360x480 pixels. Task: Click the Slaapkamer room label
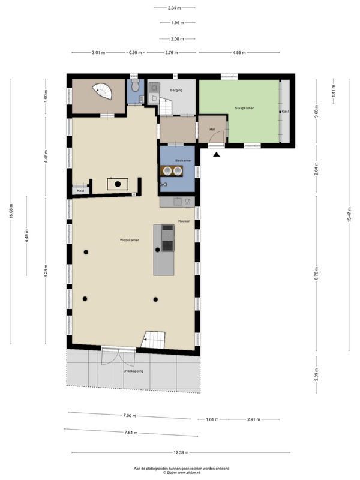pyautogui.click(x=244, y=108)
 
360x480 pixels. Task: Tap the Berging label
pyautogui.click(x=176, y=90)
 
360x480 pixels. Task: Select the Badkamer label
pyautogui.click(x=184, y=160)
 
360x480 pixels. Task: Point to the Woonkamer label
pyautogui.click(x=129, y=240)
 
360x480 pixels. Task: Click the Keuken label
pyautogui.click(x=184, y=221)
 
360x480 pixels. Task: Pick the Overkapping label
pyautogui.click(x=133, y=371)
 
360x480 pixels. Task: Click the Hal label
pyautogui.click(x=212, y=130)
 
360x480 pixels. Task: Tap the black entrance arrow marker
pyautogui.click(x=217, y=155)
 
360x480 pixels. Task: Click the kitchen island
pyautogui.click(x=164, y=250)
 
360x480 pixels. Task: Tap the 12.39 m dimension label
pyautogui.click(x=181, y=452)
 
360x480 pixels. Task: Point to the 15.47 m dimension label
pyautogui.click(x=349, y=214)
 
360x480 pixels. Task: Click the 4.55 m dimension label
pyautogui.click(x=239, y=53)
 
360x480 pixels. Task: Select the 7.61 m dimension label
pyautogui.click(x=131, y=433)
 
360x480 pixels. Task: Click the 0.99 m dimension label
pyautogui.click(x=136, y=53)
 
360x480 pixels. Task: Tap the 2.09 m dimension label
pyautogui.click(x=316, y=374)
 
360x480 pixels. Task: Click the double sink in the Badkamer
pyautogui.click(x=172, y=170)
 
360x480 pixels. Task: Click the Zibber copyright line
pyautogui.click(x=182, y=473)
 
